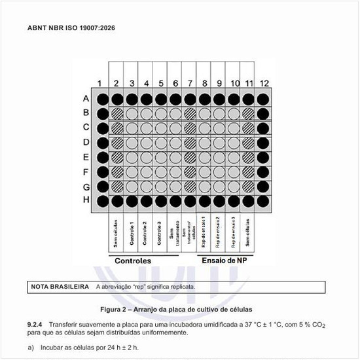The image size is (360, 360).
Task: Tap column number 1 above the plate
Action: pos(100,83)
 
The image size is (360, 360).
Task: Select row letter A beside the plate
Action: pos(85,99)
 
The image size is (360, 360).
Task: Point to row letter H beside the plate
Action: pos(85,200)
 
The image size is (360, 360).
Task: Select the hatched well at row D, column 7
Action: pos(190,142)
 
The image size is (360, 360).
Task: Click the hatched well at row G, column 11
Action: pos(249,185)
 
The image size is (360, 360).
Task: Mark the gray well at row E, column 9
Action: pos(219,156)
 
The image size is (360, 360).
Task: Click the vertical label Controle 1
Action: pos(132,233)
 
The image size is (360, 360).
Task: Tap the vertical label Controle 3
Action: pos(161,233)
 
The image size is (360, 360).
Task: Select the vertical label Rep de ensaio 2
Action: pos(219,233)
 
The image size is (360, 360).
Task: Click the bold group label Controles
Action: pos(142,261)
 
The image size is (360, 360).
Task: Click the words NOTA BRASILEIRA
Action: pos(60,287)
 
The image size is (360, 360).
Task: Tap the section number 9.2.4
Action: pos(35,324)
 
